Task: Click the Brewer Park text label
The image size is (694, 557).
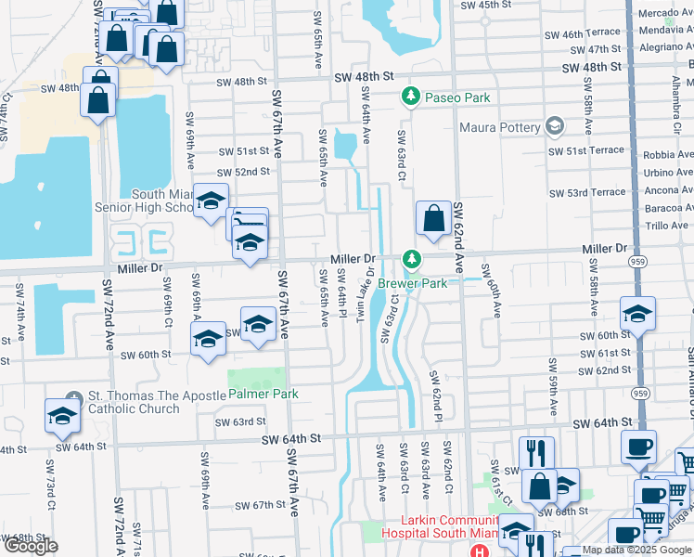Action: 439,282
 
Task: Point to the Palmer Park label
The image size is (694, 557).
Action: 263,394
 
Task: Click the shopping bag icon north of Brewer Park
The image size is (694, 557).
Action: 433,219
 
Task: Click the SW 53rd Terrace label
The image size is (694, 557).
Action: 587,192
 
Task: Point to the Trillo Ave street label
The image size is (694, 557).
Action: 666,225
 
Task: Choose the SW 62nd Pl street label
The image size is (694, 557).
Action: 433,391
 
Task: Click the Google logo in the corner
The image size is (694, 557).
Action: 32,545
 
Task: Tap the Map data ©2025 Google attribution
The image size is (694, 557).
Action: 636,550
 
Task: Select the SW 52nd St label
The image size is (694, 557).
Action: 244,172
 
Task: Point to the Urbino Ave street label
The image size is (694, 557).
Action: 668,173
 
